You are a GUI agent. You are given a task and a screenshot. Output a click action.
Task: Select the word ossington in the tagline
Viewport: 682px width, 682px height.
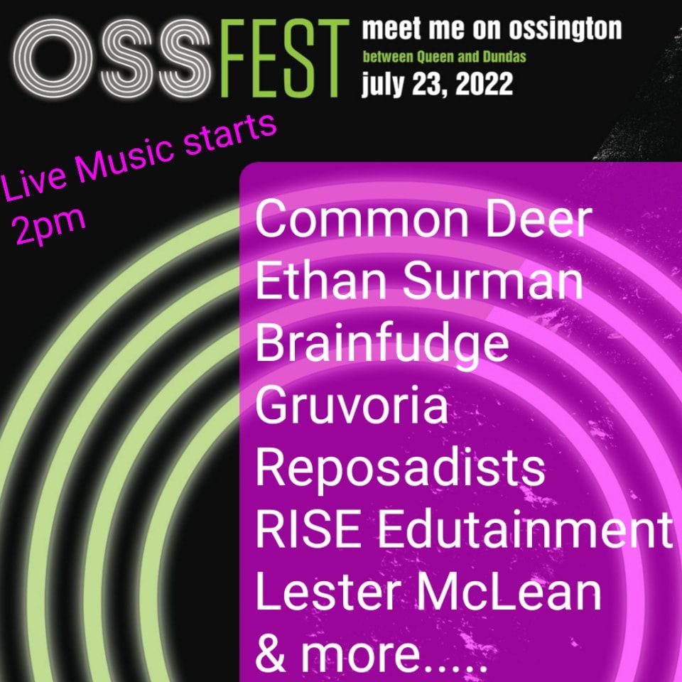pyautogui.click(x=565, y=30)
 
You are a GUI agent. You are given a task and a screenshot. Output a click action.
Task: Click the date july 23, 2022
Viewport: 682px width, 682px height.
pyautogui.click(x=437, y=84)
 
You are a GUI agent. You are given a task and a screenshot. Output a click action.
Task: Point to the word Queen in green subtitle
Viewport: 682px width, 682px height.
pyautogui.click(x=435, y=57)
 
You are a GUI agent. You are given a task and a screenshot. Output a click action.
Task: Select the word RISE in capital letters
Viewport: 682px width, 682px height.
pyautogui.click(x=308, y=530)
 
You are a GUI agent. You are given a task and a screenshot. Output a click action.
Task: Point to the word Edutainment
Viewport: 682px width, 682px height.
pyautogui.click(x=524, y=530)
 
